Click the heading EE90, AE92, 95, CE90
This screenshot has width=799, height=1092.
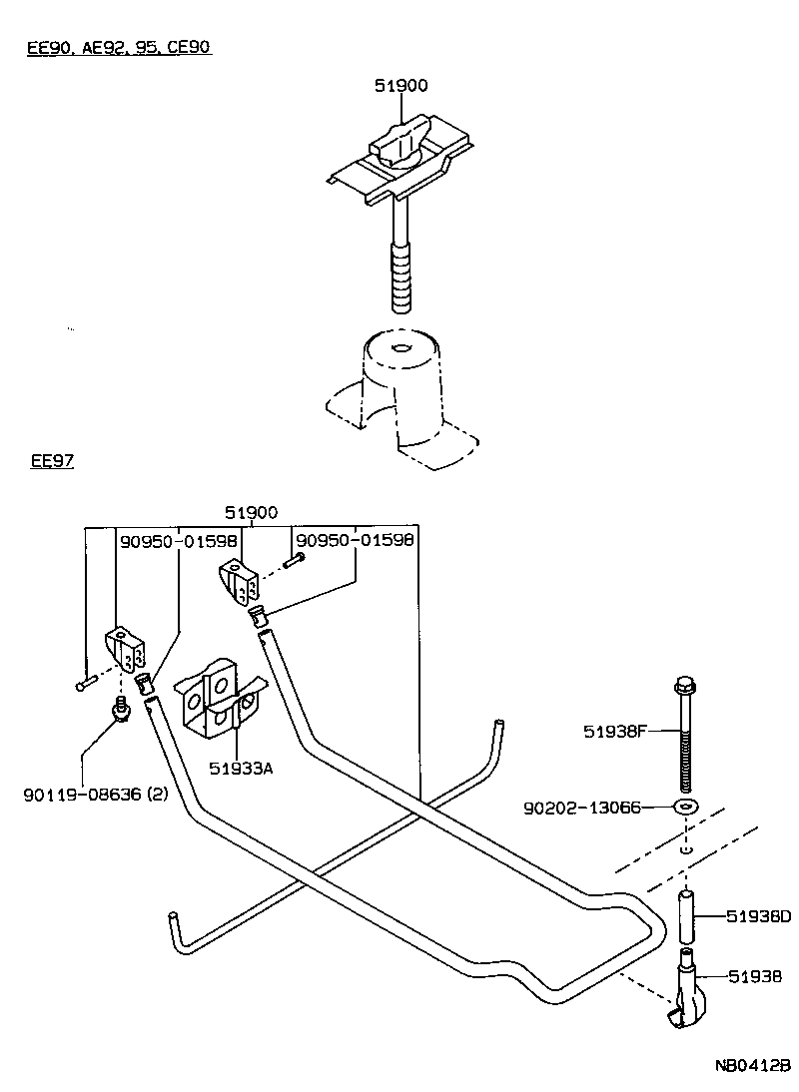(119, 47)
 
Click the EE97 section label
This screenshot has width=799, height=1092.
(53, 461)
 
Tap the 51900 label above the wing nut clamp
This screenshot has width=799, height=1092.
(400, 86)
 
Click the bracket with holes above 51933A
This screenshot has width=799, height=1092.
(219, 697)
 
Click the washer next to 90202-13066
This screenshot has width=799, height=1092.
(685, 807)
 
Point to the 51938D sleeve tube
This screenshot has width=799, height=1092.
(685, 917)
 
